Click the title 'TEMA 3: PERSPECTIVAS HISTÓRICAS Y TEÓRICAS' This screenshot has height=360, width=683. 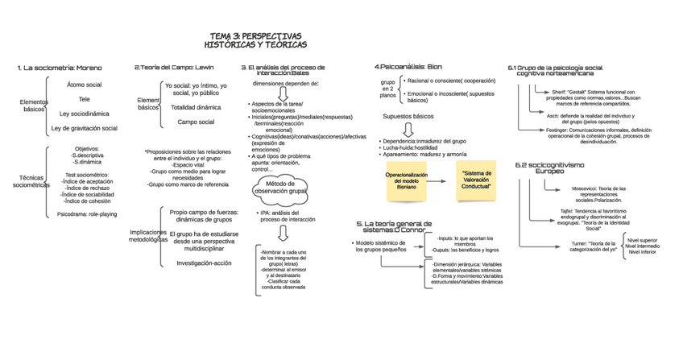click(x=255, y=40)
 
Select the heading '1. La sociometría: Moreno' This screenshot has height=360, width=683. click(x=60, y=68)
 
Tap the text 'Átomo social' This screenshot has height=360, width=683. click(x=85, y=85)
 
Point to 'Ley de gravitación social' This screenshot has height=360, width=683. click(x=85, y=128)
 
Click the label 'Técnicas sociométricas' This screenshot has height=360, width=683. click(x=31, y=181)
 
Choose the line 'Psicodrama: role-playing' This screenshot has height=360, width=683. click(x=86, y=214)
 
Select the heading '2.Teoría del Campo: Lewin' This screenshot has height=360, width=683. click(x=174, y=68)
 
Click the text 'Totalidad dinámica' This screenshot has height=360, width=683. click(x=196, y=107)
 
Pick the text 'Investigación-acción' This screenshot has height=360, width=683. click(x=204, y=263)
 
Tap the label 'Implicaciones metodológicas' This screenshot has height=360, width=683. click(x=147, y=235)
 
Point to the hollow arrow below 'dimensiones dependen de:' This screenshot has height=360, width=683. click(x=283, y=93)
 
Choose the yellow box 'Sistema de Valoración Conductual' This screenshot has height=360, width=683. click(x=476, y=180)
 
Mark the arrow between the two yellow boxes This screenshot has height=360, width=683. click(x=444, y=181)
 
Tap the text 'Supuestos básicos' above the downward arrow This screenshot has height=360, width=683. click(x=408, y=116)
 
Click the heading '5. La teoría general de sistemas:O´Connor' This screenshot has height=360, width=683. click(x=394, y=226)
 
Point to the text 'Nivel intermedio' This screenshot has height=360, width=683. click(x=642, y=246)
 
